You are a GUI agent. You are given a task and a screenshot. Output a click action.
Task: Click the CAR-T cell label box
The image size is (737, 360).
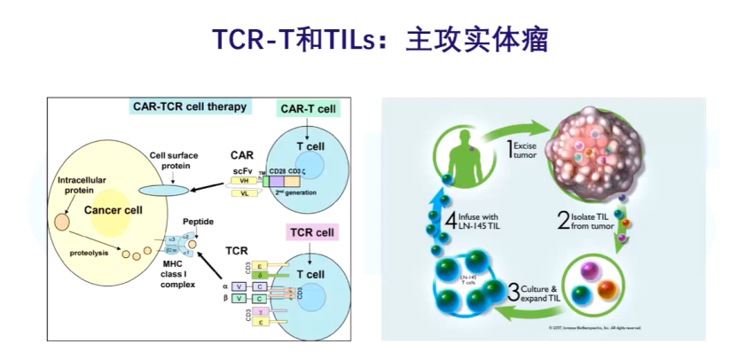pos(308,109)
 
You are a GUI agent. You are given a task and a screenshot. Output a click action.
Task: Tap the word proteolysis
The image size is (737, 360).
pos(89,252)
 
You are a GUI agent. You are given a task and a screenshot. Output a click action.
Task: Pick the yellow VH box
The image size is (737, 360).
pos(243,179)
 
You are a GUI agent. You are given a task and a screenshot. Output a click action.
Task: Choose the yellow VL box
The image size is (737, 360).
pos(243,193)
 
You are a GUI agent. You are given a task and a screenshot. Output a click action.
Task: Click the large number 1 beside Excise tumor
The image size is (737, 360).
pos(512,149)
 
